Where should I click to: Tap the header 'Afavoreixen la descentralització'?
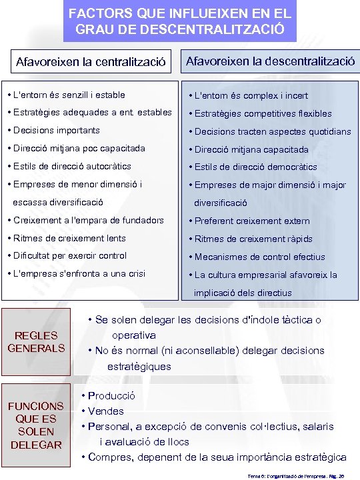point(270,61)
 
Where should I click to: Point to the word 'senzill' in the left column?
point(82,95)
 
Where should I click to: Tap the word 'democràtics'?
point(289,167)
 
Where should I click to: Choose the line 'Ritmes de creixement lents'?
point(69,238)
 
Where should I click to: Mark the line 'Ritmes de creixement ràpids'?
point(253,239)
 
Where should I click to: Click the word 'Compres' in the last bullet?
point(108,457)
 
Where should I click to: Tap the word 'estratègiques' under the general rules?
point(139,365)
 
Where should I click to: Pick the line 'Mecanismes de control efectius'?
point(259,257)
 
